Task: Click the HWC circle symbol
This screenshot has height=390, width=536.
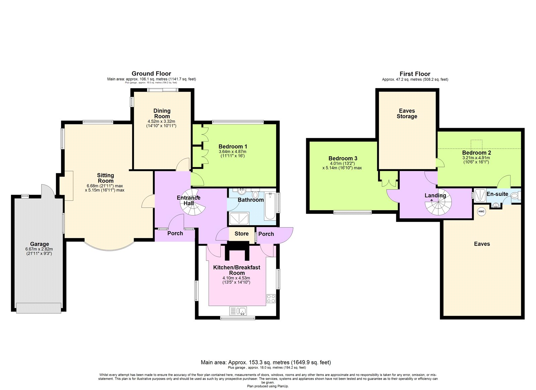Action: [x=481, y=212]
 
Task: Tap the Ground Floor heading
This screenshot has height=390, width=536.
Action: [x=151, y=73]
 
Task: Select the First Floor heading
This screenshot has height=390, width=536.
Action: [x=415, y=74]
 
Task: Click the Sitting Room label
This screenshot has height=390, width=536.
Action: [x=106, y=178]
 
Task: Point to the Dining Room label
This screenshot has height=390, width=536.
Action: [x=162, y=113]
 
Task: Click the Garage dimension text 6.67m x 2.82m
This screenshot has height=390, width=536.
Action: [x=39, y=249]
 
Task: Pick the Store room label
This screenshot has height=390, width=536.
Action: [x=242, y=234]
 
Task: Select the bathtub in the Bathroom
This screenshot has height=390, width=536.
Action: [x=270, y=206]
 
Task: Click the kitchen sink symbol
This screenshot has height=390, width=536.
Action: [x=238, y=311]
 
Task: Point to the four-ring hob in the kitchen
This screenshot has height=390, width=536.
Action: [x=271, y=298]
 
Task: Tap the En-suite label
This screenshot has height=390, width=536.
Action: [x=497, y=194]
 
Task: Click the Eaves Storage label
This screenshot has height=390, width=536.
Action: [x=407, y=114]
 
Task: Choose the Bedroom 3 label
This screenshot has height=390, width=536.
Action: [x=343, y=158]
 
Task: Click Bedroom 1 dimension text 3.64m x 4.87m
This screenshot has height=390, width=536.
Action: [x=232, y=152]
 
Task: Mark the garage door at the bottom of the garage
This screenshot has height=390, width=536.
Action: [x=39, y=308]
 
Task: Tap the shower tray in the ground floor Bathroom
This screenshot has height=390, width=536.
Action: [x=239, y=218]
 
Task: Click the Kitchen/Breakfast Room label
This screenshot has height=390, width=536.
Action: [x=237, y=270]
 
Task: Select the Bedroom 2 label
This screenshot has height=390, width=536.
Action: [x=476, y=153]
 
